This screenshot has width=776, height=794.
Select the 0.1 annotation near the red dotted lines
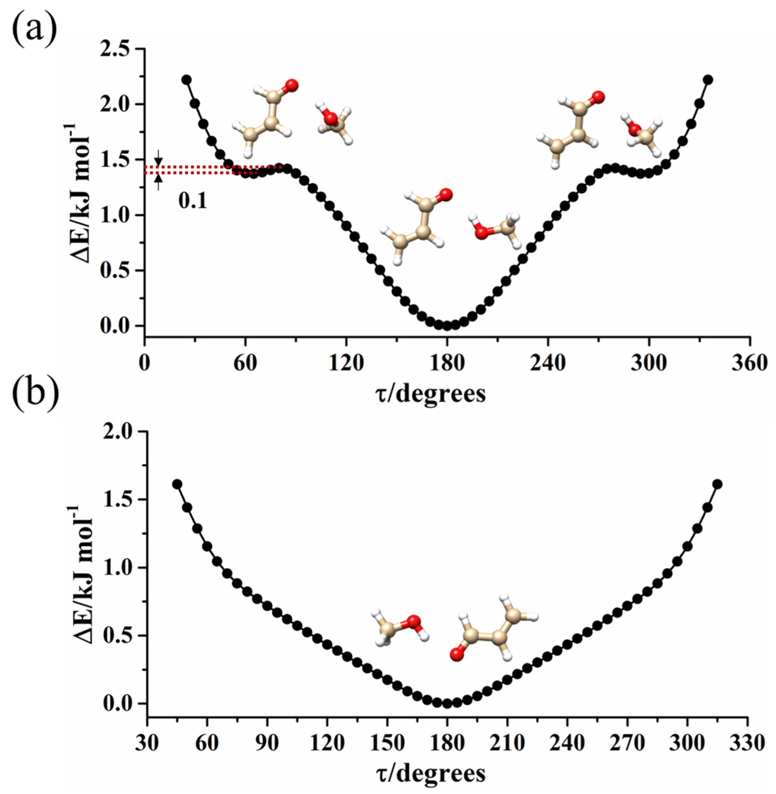point(193,202)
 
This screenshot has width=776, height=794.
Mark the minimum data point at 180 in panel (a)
point(447,326)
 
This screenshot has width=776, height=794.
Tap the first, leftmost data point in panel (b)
point(177,484)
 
